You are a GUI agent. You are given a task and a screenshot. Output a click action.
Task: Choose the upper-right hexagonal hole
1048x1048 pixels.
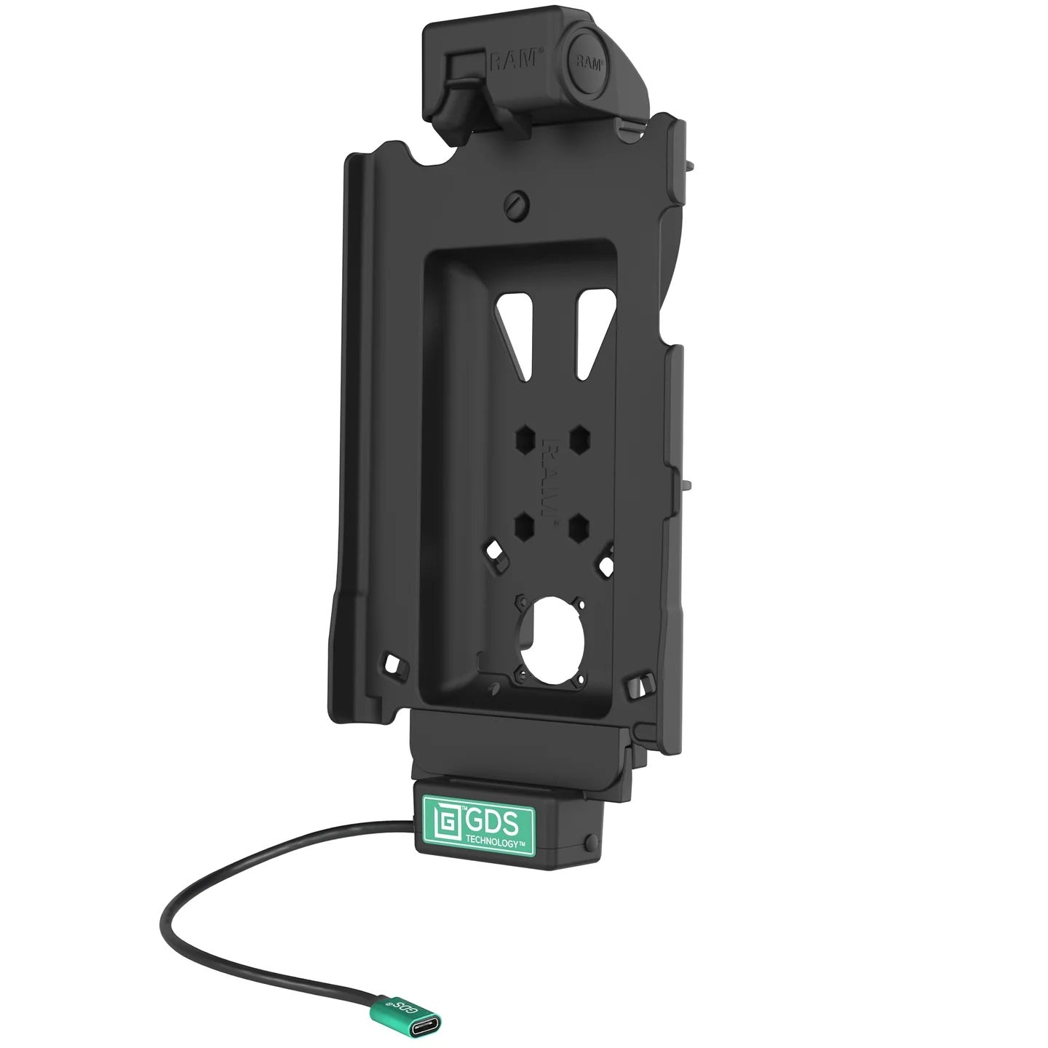[579, 439]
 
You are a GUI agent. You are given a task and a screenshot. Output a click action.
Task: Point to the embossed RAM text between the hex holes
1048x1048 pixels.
[552, 481]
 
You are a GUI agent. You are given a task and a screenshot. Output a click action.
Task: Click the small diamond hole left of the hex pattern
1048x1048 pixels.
[496, 568]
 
